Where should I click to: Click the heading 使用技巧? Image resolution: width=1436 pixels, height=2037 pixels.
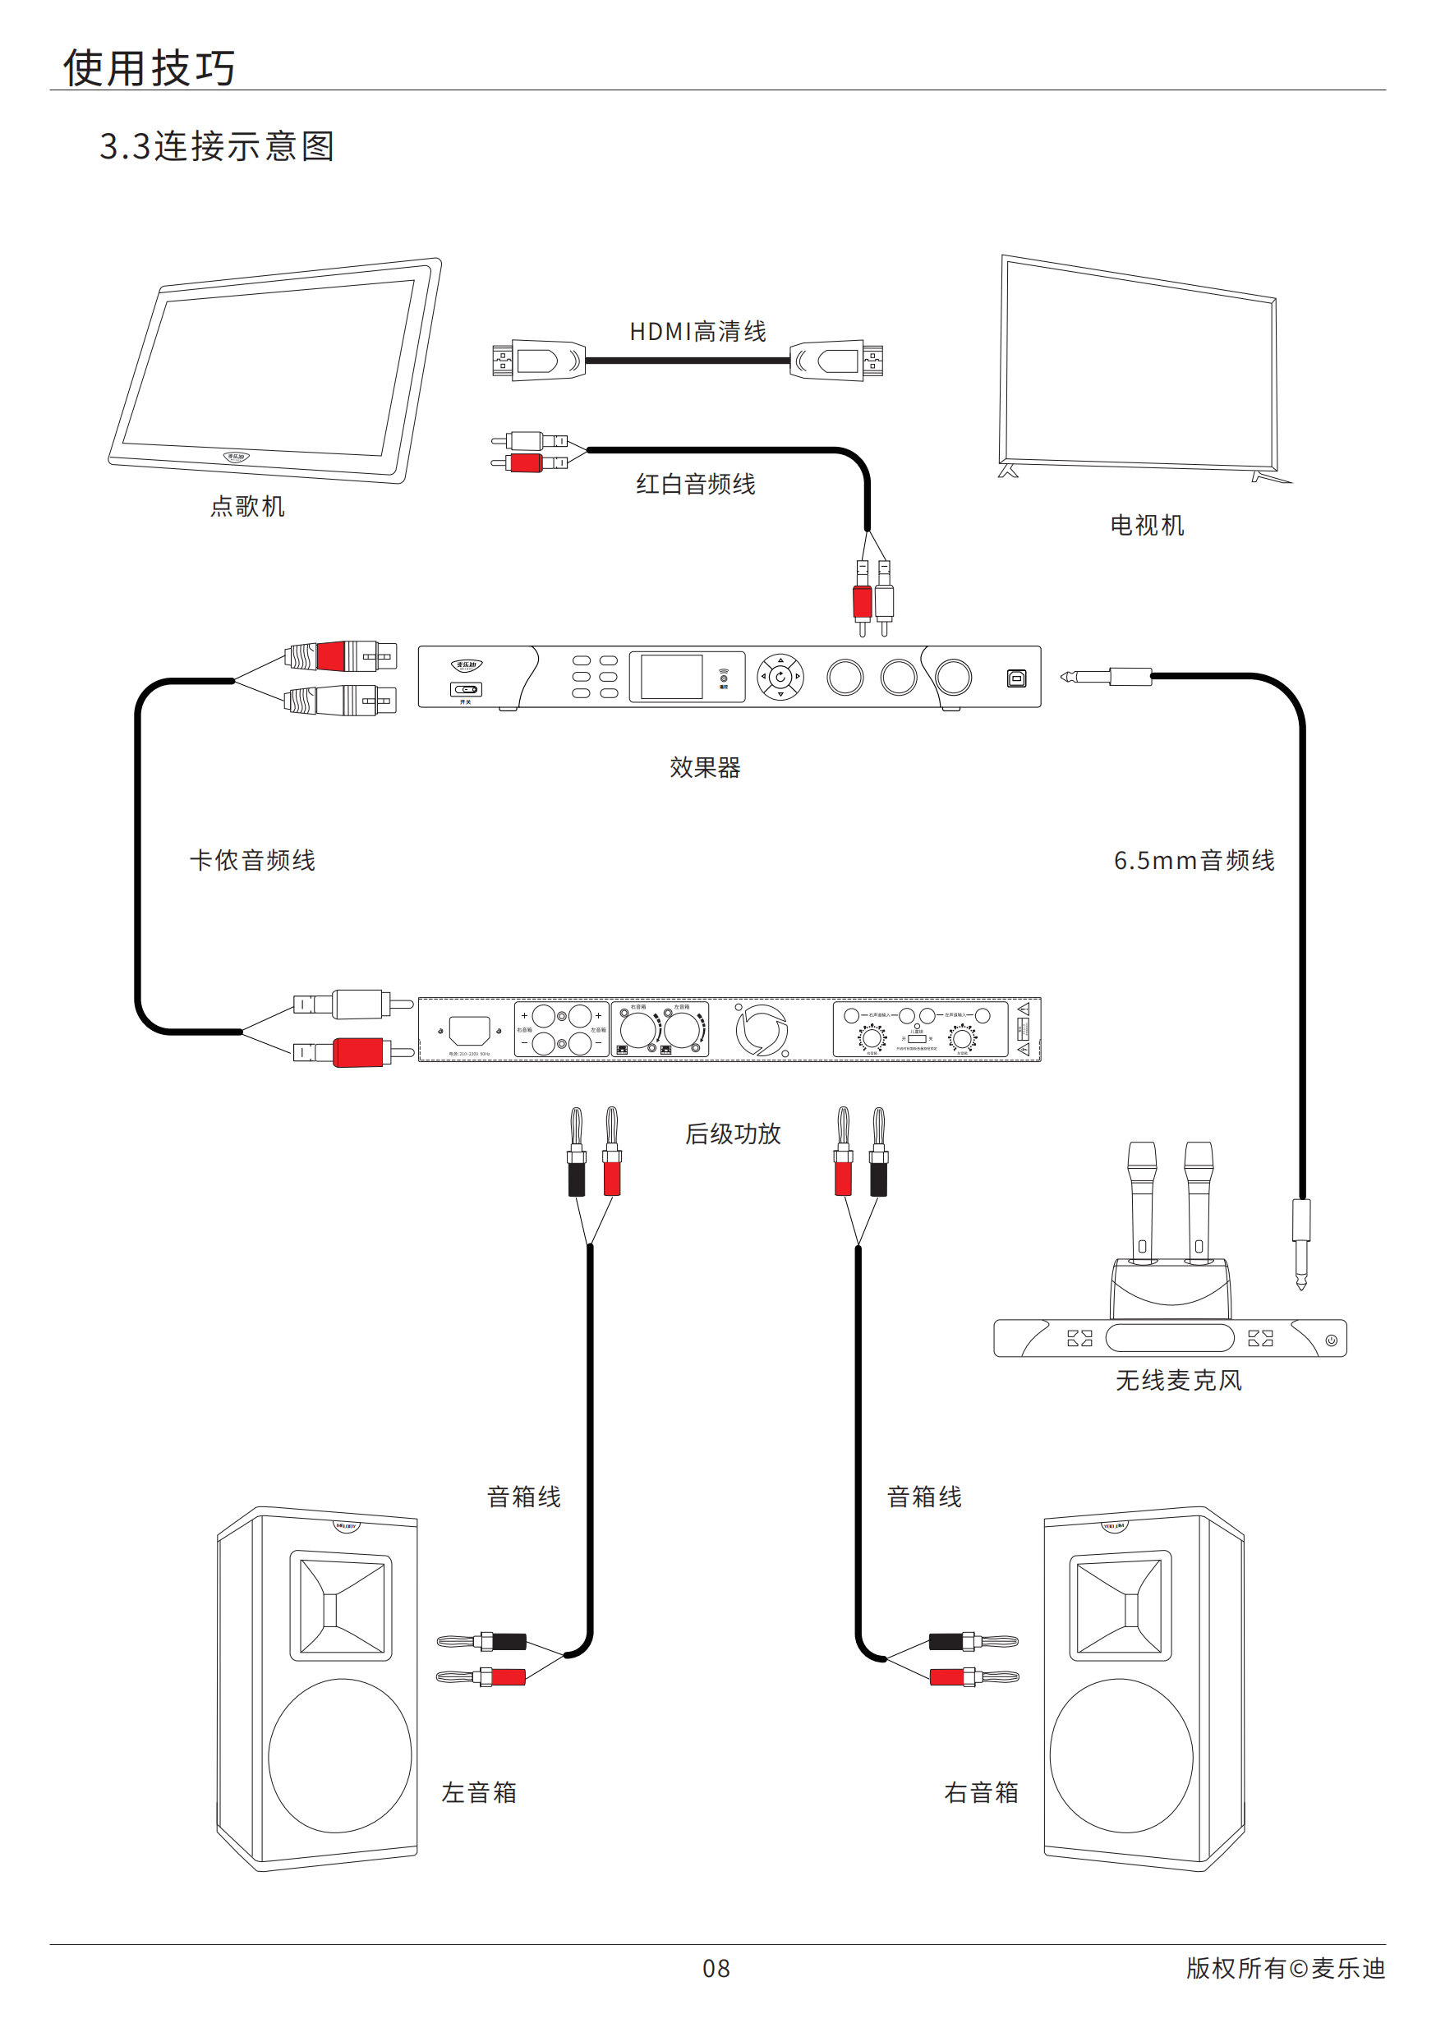(149, 68)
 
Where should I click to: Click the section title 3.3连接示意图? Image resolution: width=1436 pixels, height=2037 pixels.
(217, 146)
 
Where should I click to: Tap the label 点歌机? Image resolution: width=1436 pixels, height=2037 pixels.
(246, 507)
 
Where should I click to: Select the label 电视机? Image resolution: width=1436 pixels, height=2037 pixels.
(1147, 525)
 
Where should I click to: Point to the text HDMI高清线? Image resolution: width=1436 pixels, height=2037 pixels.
(697, 332)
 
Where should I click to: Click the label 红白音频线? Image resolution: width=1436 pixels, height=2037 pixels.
(695, 485)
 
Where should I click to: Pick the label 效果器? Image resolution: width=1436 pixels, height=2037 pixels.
(705, 767)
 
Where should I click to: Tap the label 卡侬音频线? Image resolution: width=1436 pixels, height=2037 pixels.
(253, 861)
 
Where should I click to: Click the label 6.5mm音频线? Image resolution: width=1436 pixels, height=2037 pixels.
(1194, 861)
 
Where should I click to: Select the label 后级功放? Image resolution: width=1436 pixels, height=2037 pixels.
(732, 1133)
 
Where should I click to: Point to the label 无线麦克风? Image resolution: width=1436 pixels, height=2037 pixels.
(1178, 1381)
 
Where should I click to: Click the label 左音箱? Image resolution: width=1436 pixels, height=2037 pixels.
(479, 1792)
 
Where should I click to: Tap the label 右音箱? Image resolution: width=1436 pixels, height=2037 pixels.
(981, 1792)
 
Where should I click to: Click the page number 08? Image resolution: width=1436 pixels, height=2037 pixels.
(716, 1969)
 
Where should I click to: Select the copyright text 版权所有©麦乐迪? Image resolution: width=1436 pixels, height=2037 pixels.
(1285, 1968)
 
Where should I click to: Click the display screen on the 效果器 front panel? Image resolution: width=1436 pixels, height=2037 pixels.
(671, 677)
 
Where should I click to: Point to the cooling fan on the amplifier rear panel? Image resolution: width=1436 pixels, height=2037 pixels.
(762, 1030)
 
